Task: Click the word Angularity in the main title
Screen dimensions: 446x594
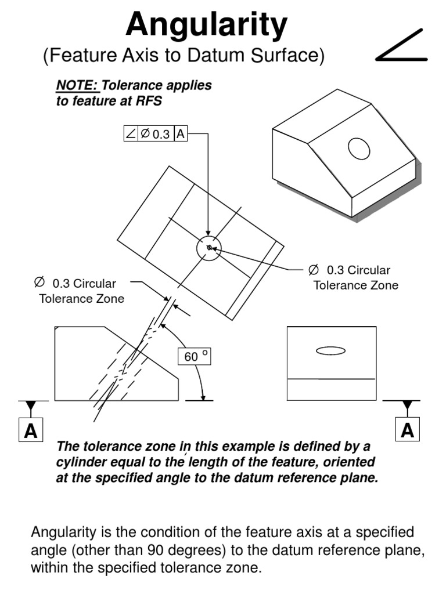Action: coord(206,25)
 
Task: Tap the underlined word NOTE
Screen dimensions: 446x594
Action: coord(77,85)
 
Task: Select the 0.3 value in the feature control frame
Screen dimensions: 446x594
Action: coord(161,134)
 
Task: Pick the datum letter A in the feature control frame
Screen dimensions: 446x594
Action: coord(181,134)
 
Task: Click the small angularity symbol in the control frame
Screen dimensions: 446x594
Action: coord(131,134)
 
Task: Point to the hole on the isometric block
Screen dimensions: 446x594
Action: coord(359,149)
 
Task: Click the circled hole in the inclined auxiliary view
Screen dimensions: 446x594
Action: coord(208,248)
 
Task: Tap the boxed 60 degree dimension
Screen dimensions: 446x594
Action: coord(194,357)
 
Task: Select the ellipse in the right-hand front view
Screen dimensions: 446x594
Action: coord(330,351)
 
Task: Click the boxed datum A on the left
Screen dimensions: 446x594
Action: coord(31,430)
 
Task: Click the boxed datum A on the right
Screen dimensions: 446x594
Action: coord(407,429)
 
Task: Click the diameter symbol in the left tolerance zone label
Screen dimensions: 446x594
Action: coord(39,282)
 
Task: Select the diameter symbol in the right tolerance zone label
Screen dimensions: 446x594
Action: coord(313,270)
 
